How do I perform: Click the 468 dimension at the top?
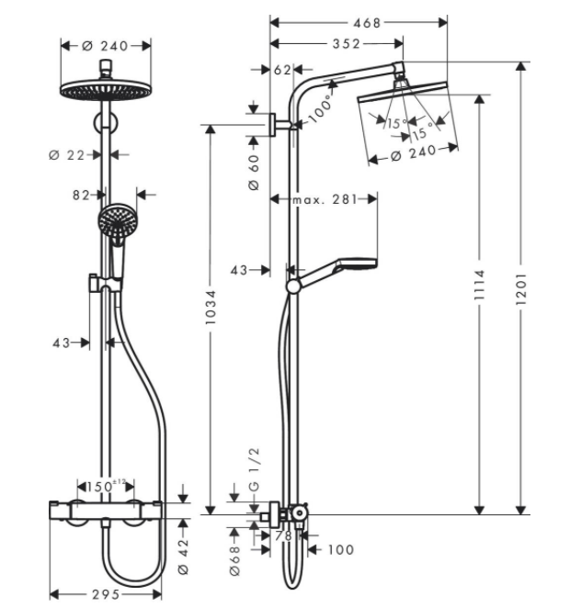click(367, 23)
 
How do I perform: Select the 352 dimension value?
click(347, 44)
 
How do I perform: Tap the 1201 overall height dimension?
click(521, 288)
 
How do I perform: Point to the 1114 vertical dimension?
click(480, 285)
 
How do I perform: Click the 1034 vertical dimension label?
click(211, 307)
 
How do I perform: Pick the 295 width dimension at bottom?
click(106, 594)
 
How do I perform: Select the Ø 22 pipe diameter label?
click(67, 155)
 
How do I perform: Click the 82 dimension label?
click(81, 195)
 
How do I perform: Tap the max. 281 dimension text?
click(325, 199)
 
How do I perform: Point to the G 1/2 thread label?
click(254, 469)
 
